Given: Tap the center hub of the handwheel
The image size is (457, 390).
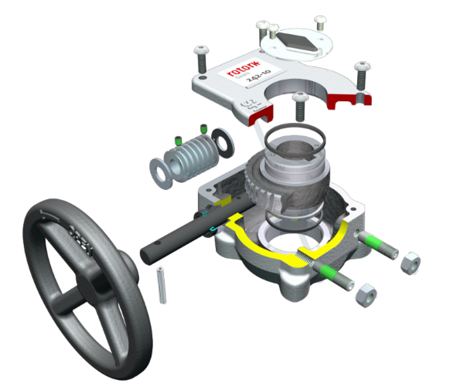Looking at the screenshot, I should tap(97, 287).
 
